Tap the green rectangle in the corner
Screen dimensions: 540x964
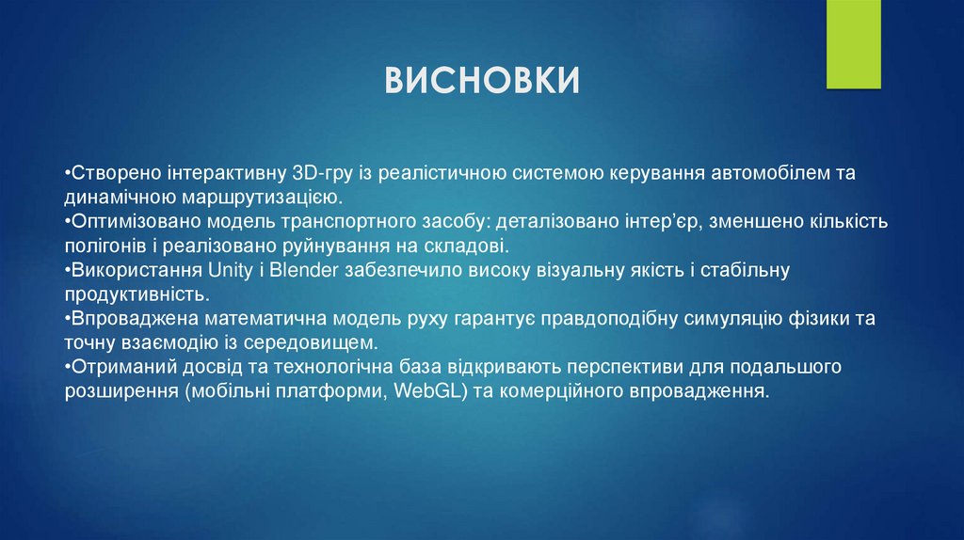(853, 44)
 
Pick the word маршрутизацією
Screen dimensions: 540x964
(258, 199)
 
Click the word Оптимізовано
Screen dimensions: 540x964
(122, 223)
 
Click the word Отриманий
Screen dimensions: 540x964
(112, 368)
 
